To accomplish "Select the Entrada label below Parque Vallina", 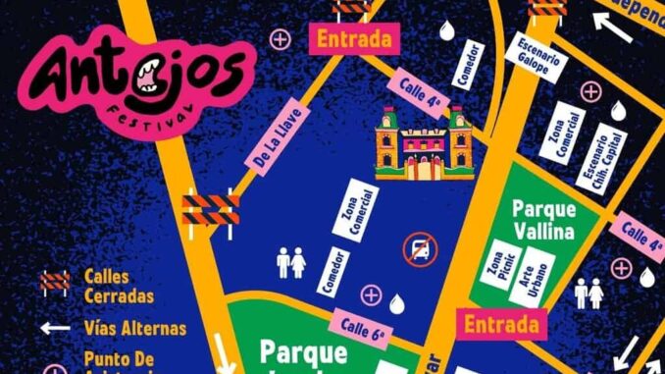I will (x=502, y=323).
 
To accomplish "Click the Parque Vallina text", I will (x=543, y=221).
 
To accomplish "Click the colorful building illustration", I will (x=424, y=144).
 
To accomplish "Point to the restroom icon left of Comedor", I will (x=291, y=262).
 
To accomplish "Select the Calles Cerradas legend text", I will (x=120, y=287).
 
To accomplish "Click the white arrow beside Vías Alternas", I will (x=55, y=328).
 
